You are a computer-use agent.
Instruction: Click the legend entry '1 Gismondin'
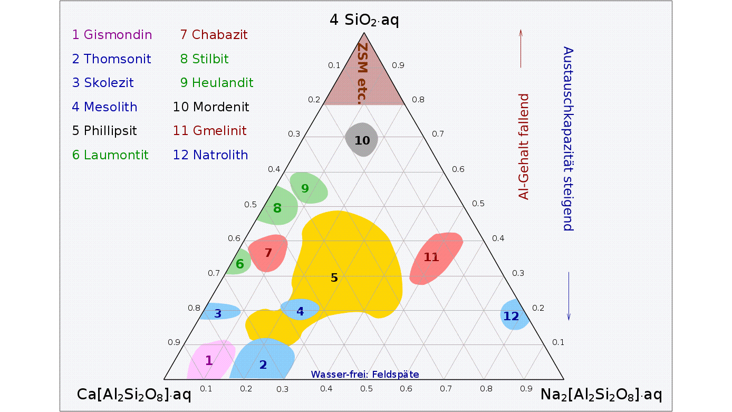(x=112, y=35)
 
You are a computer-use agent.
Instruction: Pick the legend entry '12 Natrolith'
(x=210, y=155)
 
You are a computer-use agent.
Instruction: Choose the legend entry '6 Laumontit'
(x=110, y=155)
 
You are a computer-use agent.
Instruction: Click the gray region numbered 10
(x=362, y=140)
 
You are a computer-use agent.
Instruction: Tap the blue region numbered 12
(x=513, y=315)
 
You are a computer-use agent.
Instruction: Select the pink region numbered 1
(x=210, y=360)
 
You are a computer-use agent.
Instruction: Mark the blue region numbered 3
(x=219, y=312)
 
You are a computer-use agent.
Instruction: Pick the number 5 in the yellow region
(x=334, y=277)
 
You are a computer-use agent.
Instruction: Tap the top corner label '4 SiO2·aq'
(x=364, y=20)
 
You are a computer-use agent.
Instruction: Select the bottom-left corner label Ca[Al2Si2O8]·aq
(x=134, y=395)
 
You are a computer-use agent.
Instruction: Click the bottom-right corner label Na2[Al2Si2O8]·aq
(x=601, y=395)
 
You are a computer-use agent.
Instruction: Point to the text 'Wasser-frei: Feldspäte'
(x=364, y=375)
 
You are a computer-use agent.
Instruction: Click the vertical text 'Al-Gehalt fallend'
(x=524, y=147)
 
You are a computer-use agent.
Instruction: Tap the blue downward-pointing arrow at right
(x=569, y=296)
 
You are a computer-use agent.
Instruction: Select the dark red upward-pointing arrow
(x=521, y=49)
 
